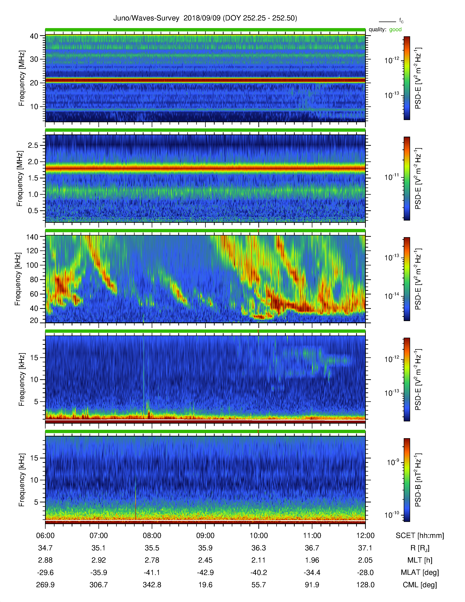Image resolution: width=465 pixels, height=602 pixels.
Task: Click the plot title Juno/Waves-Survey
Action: pos(146,18)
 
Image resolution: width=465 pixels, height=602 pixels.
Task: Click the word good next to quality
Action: pos(395,30)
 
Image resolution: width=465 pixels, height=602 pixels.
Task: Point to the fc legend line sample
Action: pos(387,22)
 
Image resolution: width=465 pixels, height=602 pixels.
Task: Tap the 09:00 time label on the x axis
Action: pos(205,536)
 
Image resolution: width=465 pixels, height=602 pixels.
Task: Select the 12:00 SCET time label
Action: pos(365,536)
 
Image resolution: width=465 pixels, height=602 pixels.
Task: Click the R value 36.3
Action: pos(258,548)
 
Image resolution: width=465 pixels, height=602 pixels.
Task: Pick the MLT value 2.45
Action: pos(205,560)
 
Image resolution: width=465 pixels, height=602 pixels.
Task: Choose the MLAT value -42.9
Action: pos(205,572)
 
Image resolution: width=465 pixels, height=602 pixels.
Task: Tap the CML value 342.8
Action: pos(152,585)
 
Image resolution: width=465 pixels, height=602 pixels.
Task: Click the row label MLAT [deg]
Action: pos(420,572)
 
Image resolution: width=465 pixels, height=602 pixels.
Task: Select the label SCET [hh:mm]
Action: pos(420,536)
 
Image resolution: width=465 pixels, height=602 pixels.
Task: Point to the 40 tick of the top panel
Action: pos(34,36)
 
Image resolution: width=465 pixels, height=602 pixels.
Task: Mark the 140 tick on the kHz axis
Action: pos(32,237)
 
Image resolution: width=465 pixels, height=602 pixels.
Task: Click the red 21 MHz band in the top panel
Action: pos(205,80)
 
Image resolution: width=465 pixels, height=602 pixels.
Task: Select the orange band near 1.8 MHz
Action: pos(205,168)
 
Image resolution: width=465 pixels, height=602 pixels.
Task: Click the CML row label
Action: pos(420,585)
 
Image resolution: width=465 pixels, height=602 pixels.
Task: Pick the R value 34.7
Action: pos(45,548)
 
